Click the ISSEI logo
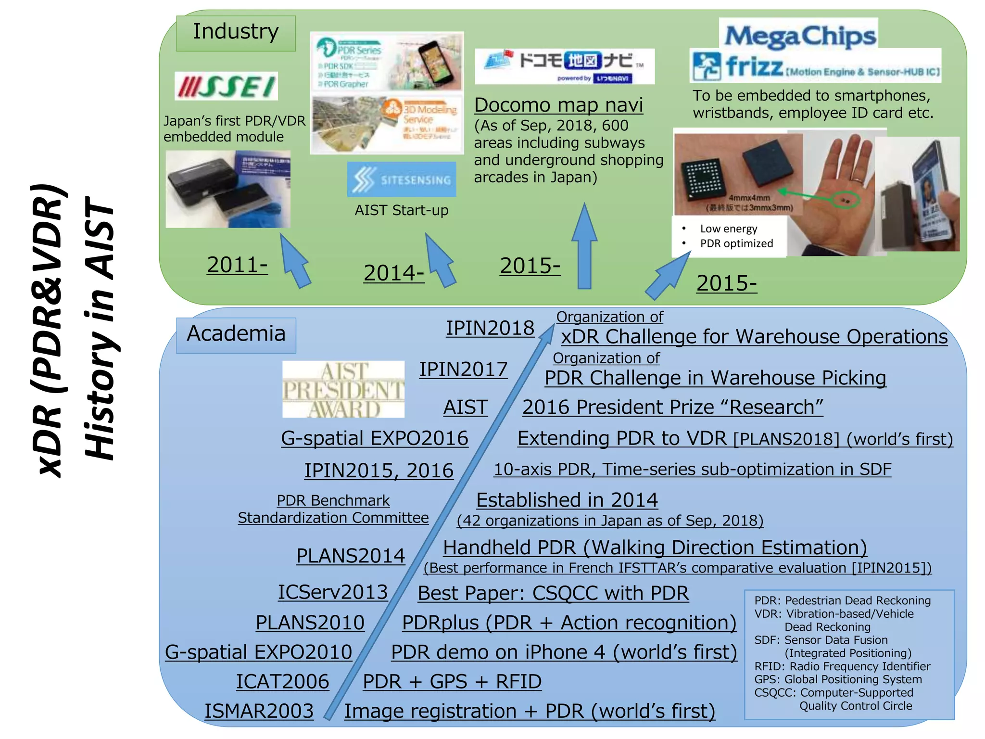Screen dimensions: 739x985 (x=226, y=87)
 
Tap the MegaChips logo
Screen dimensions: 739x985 (x=799, y=36)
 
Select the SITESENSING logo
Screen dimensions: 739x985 (x=402, y=179)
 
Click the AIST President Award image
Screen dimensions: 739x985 (x=343, y=389)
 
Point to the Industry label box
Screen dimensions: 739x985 (x=236, y=33)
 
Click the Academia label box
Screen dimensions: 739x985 (x=236, y=334)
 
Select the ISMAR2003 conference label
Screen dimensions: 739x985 (x=259, y=711)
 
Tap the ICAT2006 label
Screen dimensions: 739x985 (x=282, y=682)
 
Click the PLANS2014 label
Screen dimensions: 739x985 (x=351, y=556)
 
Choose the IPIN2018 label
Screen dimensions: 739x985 (x=490, y=328)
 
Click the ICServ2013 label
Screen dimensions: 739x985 (x=333, y=592)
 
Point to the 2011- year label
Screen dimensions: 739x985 (x=237, y=265)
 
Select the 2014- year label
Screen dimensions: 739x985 (x=393, y=273)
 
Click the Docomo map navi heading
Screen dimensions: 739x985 (x=558, y=105)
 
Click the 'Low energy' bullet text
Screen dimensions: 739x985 (x=728, y=229)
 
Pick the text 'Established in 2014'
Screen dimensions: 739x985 (x=567, y=500)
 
